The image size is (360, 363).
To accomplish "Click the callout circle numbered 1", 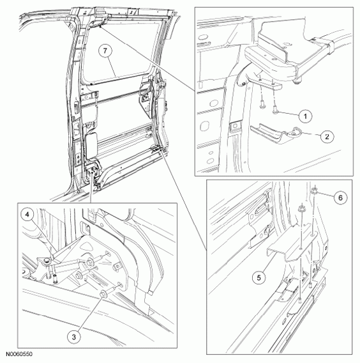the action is pos(305,116).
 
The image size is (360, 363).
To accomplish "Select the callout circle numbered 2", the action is pos(326,136).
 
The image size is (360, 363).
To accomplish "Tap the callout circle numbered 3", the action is pos(74,337).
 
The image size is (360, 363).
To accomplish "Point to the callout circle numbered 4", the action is pos(27,215).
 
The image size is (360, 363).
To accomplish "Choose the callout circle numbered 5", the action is pos(259,277).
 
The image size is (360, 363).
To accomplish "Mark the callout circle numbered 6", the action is pos(340,197).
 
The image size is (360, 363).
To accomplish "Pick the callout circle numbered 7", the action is pos(105,50).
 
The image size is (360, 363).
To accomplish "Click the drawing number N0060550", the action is pos(19,354).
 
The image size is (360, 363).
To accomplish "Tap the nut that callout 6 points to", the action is pos(315,190).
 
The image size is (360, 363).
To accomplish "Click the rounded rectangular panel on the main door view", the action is pos(92,145).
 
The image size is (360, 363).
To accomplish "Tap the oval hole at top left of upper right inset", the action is pos(203,37).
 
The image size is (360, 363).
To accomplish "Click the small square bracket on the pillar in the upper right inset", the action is pos(236,127).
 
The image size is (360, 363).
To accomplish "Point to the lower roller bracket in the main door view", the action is pos(92,173).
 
